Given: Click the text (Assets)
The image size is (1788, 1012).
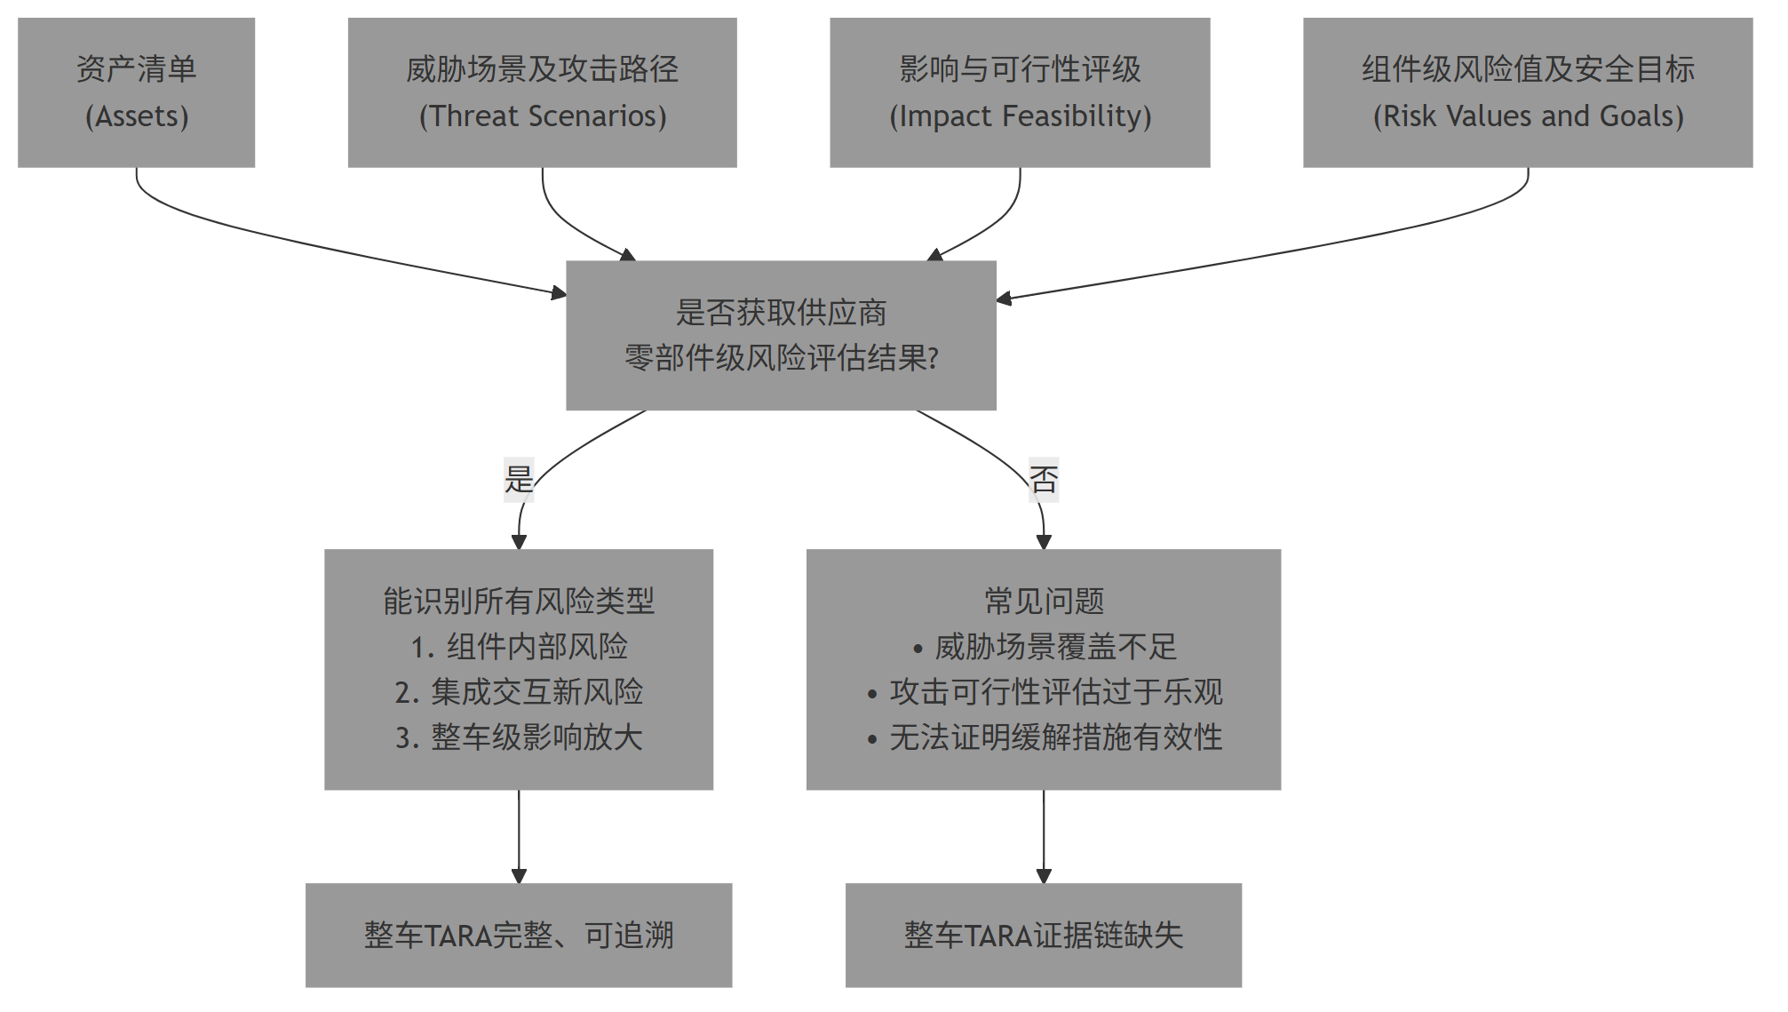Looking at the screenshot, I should (x=137, y=116).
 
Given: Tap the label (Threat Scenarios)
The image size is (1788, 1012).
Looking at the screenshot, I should (x=542, y=116).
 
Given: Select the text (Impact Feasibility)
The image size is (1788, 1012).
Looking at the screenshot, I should (x=1020, y=116).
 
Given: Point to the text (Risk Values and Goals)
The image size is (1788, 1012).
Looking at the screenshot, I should (x=1528, y=116).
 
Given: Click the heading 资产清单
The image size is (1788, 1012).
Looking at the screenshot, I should (x=137, y=69).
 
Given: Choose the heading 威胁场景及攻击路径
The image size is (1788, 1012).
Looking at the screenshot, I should (x=542, y=69).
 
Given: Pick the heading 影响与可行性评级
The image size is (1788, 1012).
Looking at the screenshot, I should (x=1020, y=69).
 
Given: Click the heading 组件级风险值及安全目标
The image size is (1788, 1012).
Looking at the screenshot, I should (x=1528, y=69).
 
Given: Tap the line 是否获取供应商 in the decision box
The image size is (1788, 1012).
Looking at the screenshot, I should (x=781, y=313).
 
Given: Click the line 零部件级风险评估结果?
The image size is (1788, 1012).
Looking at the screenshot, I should (x=781, y=358).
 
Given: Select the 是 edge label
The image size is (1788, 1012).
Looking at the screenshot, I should (x=519, y=480).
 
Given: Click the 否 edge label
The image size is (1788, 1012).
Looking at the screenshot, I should (x=1044, y=480).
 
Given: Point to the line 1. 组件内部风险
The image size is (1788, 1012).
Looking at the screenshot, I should (x=519, y=647).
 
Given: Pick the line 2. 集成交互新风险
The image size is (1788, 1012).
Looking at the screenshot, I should (x=519, y=692).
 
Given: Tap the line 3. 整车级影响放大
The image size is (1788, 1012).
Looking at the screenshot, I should (x=519, y=737).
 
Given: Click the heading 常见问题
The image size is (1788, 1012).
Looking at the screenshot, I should (x=1044, y=602).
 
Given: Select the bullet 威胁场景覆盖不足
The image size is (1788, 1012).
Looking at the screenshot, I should (x=1055, y=647).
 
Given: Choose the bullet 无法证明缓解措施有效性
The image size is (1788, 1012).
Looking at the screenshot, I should (x=1055, y=737).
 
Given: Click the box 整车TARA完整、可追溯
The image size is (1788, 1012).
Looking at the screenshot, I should (x=519, y=936).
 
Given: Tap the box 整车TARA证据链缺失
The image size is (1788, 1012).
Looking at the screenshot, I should (x=1044, y=936).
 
